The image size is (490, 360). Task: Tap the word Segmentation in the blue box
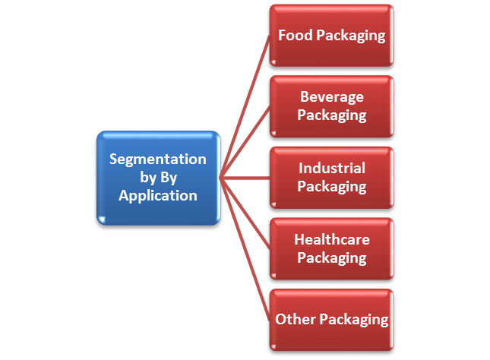tap(158, 159)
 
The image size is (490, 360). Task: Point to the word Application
tap(158, 195)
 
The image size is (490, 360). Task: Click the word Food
tap(293, 36)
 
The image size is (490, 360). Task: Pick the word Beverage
tap(332, 97)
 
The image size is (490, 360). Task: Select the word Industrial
tap(332, 168)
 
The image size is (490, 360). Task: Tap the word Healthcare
tap(332, 239)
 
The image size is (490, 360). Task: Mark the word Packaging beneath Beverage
tap(332, 115)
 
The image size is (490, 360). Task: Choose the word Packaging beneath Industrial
tap(332, 186)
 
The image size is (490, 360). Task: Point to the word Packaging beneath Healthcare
tap(332, 257)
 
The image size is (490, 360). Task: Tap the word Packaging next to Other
tap(354, 319)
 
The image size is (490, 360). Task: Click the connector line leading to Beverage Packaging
tap(245, 142)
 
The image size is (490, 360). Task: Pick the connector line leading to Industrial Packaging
tap(245, 178)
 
